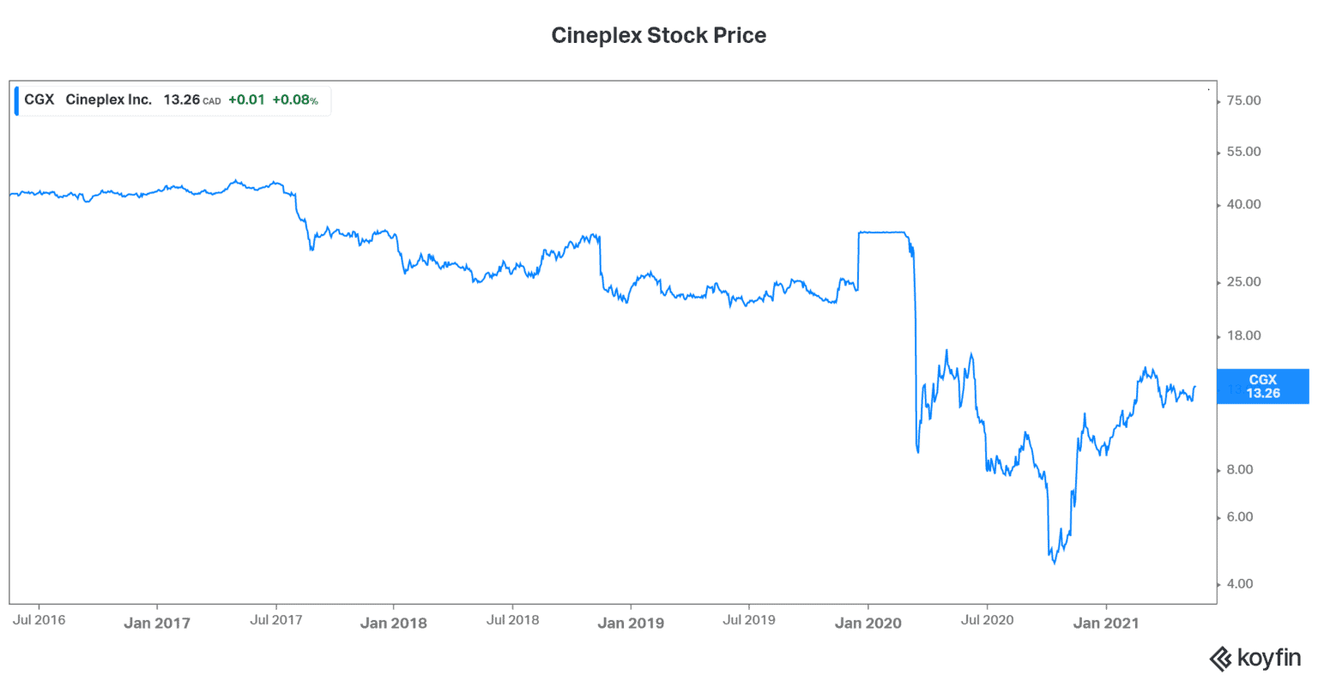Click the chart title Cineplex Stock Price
(658, 35)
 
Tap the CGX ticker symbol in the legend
(39, 99)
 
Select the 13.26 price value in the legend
(182, 99)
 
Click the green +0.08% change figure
(295, 99)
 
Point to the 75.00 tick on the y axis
(1243, 101)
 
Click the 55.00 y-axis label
(1243, 152)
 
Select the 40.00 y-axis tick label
(1243, 205)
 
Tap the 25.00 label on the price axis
(1243, 282)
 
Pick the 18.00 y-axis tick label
(1243, 336)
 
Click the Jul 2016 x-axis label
(39, 620)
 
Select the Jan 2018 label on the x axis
(393, 624)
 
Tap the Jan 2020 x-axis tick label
(868, 624)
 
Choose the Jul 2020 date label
(987, 620)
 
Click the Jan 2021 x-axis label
(1105, 624)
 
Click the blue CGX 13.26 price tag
(1263, 386)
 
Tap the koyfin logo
(1255, 659)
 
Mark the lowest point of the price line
(1054, 563)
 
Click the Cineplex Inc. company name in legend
(109, 99)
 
